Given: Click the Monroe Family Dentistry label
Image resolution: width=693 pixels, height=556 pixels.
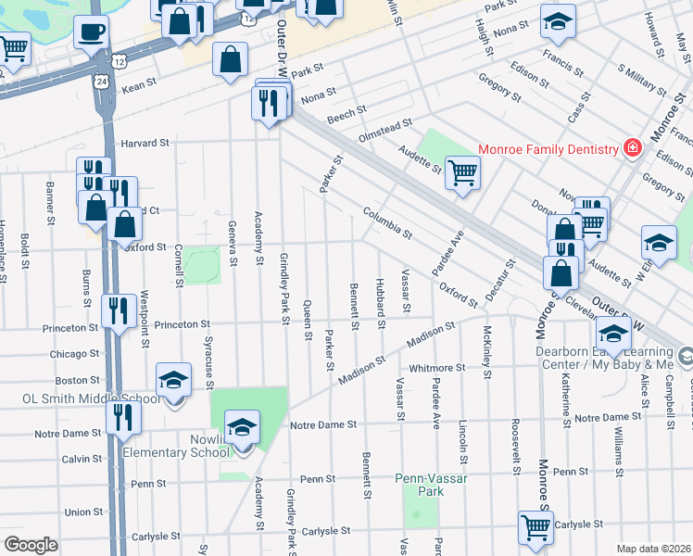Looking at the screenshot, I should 548,150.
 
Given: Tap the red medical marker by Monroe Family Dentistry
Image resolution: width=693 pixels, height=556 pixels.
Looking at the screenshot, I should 632,148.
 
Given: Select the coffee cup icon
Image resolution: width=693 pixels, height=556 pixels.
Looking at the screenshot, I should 91,33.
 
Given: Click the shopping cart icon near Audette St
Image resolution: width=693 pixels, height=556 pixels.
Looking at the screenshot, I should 462,171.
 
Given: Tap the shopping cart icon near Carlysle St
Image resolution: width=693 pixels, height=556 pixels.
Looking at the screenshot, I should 535,526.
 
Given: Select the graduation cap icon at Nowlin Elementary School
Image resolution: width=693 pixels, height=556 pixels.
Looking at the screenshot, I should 242,427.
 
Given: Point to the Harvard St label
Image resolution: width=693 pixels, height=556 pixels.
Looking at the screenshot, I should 145,144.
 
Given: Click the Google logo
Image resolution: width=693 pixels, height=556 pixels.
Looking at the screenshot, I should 31,545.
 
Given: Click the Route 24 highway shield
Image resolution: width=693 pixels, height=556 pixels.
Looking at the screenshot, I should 99,82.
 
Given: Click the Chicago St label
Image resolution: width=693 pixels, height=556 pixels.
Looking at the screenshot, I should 75,354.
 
